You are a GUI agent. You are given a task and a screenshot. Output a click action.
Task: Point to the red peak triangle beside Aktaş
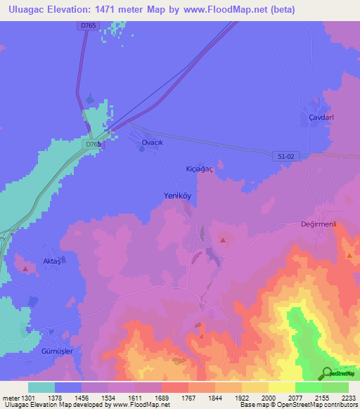pos(26,268)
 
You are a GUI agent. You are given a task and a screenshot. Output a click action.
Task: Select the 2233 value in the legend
pos(349,398)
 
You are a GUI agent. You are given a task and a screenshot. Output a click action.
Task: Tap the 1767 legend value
pos(189,398)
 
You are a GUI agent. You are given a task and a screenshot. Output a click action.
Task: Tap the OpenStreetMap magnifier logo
pos(326,373)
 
